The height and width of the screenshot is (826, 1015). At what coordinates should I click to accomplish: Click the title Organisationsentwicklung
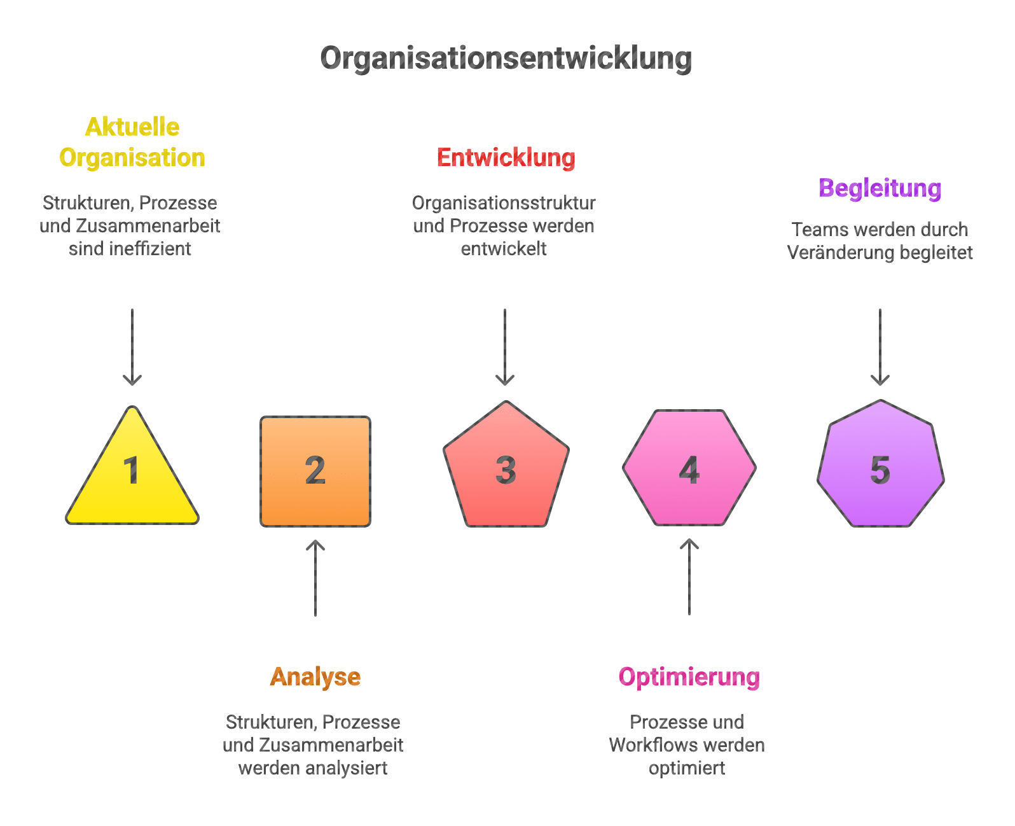click(506, 59)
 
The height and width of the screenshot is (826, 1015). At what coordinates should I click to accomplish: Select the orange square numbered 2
click(315, 472)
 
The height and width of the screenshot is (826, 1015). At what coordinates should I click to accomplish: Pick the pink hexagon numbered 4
click(689, 468)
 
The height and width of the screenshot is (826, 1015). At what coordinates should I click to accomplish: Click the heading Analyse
click(315, 676)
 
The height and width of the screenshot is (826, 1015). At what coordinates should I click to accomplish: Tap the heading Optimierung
click(689, 676)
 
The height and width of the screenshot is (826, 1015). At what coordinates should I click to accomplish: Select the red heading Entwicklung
click(506, 158)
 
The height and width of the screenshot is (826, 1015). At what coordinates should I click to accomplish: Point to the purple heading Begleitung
click(880, 188)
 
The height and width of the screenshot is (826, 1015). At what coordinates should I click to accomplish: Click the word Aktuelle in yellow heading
click(132, 127)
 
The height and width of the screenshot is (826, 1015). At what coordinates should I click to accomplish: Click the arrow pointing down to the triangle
click(132, 347)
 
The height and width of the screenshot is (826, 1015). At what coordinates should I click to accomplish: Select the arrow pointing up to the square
click(315, 577)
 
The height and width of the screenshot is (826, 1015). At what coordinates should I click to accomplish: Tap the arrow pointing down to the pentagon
click(505, 347)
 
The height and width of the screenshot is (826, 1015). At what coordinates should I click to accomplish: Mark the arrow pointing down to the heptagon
click(880, 347)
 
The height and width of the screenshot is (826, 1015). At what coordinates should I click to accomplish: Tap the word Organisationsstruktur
click(504, 203)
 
